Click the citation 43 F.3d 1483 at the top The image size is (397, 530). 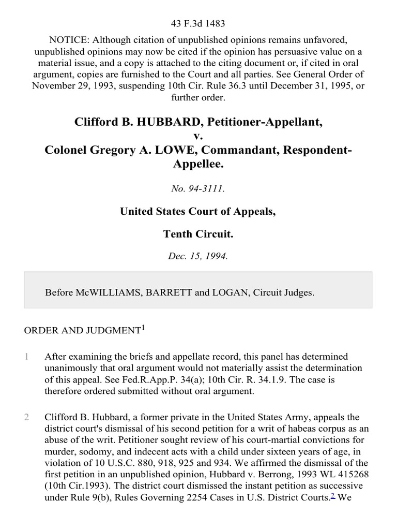[198, 23]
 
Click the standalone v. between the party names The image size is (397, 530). [198, 136]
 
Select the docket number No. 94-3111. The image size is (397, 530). [198, 188]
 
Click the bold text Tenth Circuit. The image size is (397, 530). [198, 234]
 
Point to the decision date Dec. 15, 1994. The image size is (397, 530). [198, 256]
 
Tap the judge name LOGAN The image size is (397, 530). [228, 292]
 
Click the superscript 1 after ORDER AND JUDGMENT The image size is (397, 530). [143, 327]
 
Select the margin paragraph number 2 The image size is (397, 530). [26, 417]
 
